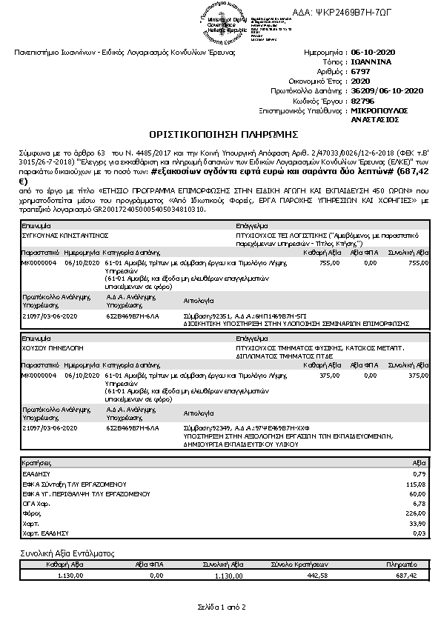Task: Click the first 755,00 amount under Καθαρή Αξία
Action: (x=329, y=262)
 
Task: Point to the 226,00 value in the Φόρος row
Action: (x=419, y=512)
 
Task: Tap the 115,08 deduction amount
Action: (x=419, y=483)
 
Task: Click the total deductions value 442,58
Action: (x=316, y=575)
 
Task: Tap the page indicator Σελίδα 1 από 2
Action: (x=221, y=607)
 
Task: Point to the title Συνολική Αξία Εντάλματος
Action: (x=67, y=553)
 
